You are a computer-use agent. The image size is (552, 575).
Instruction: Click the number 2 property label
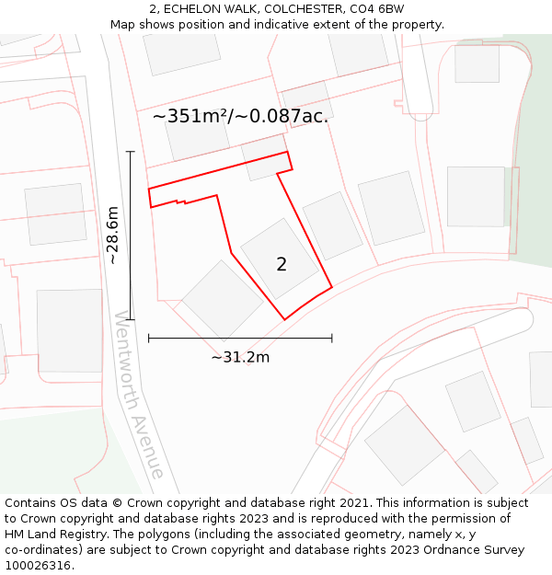282,265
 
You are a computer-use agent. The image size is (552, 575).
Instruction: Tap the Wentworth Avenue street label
139,395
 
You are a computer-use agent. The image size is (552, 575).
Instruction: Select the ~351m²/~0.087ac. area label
240,117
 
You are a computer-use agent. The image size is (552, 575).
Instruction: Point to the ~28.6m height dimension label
112,236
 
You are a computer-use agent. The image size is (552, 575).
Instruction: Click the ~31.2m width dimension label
240,357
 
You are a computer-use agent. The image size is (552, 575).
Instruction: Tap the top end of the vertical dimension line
131,152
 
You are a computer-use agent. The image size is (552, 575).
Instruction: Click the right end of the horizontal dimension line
332,339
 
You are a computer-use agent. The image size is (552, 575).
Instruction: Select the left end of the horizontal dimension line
149,339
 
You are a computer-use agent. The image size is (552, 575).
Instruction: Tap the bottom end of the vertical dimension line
131,319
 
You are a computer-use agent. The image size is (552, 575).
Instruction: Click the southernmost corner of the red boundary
284,319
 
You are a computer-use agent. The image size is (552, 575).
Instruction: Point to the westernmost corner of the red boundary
149,190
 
